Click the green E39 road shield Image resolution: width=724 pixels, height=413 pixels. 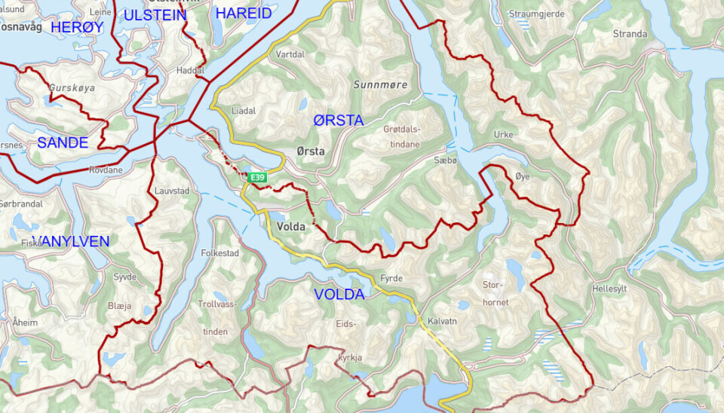258,178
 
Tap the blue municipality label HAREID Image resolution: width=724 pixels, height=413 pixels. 243,14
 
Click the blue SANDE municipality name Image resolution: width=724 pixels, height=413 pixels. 63,142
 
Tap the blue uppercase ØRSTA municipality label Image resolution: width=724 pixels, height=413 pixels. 338,121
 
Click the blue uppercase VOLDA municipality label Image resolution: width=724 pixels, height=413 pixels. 339,295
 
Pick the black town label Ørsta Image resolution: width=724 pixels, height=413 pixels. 311,151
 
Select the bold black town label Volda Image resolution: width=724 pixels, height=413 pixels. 290,225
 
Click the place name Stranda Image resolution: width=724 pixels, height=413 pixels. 630,34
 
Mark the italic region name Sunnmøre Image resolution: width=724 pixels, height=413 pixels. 380,85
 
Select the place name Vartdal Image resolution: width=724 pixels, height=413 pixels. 291,55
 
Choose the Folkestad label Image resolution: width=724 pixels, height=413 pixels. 219,253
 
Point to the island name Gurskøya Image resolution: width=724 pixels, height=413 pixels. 72,88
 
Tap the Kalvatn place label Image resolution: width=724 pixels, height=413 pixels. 442,320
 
